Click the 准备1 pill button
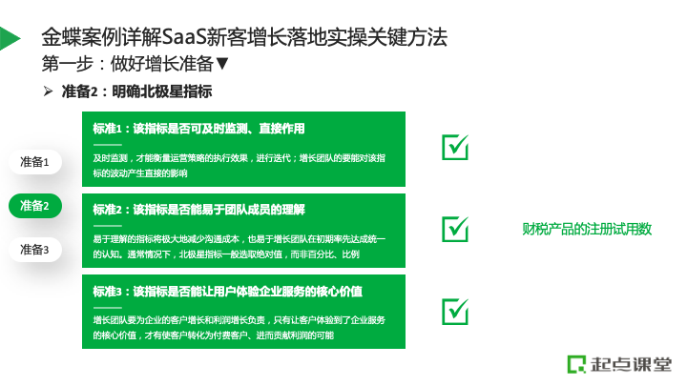point(35,162)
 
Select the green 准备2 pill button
point(35,206)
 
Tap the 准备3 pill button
point(35,250)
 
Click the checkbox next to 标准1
point(455,147)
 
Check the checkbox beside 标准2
point(455,229)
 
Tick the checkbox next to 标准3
point(455,311)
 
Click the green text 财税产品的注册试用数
point(587,229)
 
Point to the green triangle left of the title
point(9,38)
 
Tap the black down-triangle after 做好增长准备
point(222,64)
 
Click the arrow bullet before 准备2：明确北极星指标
point(48,91)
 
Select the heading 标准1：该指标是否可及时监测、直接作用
point(198,129)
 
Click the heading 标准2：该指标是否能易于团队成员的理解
point(198,210)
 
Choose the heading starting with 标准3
point(227,292)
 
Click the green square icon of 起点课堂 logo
point(576,364)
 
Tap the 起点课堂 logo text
point(631,364)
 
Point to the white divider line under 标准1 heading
point(107,145)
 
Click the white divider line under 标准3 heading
point(107,307)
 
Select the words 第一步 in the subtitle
point(68,64)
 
